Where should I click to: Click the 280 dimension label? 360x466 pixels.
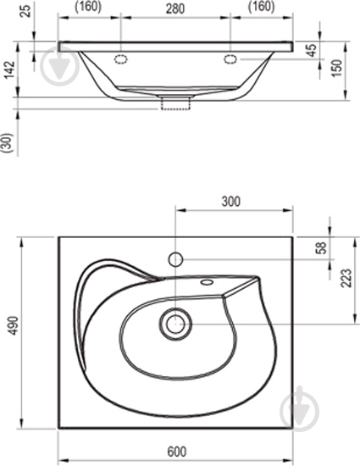tap(175, 9)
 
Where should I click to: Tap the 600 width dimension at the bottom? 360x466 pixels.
tap(177, 452)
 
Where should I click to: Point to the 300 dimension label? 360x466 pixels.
tap(230, 202)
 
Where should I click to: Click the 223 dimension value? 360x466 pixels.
tap(346, 278)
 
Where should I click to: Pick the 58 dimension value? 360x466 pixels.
tap(321, 248)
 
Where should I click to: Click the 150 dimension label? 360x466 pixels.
tap(337, 68)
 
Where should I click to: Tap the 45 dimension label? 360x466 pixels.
tap(312, 50)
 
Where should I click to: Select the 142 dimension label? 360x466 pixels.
tap(10, 69)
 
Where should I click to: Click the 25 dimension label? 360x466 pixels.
tap(27, 11)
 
